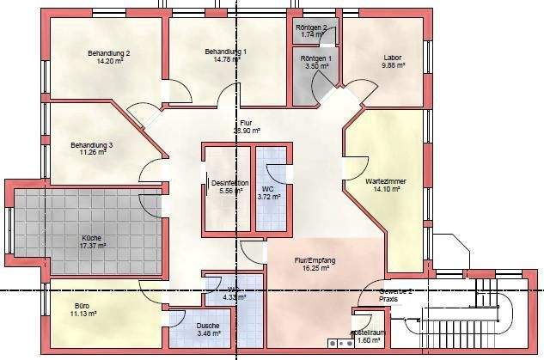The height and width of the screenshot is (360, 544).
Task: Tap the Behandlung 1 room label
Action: pos(226,52)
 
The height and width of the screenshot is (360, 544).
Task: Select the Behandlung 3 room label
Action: pos(92,145)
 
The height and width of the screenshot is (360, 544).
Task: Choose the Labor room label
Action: pos(393,58)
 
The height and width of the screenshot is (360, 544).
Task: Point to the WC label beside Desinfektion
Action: pos(268,189)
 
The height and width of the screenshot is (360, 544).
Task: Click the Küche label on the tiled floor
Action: pos(93,237)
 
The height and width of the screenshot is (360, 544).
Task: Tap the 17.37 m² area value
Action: pos(93,245)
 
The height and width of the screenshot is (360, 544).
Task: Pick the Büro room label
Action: pos(83,306)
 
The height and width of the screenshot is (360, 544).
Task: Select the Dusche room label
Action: pos(207,325)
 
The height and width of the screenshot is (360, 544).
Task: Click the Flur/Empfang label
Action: pos(315,259)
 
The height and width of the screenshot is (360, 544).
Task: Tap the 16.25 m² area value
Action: pos(315,267)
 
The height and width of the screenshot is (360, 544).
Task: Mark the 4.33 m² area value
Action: pos(234,297)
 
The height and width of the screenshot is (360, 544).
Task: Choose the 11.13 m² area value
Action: pos(83,314)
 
